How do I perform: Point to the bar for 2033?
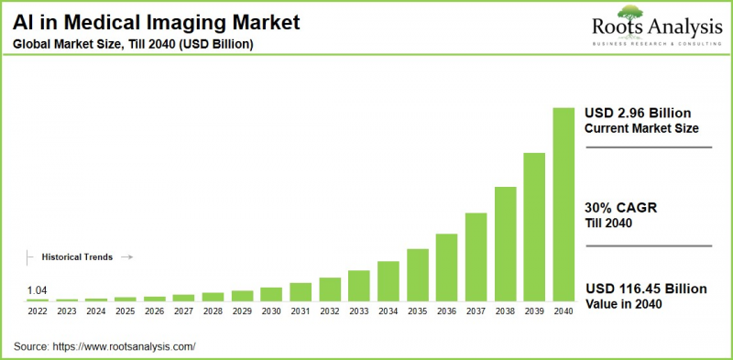click(359, 286)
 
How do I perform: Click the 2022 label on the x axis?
click(38, 312)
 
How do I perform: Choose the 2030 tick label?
click(271, 312)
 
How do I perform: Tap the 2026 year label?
click(155, 312)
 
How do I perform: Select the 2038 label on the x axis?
click(505, 312)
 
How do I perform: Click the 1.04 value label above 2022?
click(38, 290)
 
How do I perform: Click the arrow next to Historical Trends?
click(127, 257)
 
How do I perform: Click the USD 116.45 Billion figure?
click(645, 289)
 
